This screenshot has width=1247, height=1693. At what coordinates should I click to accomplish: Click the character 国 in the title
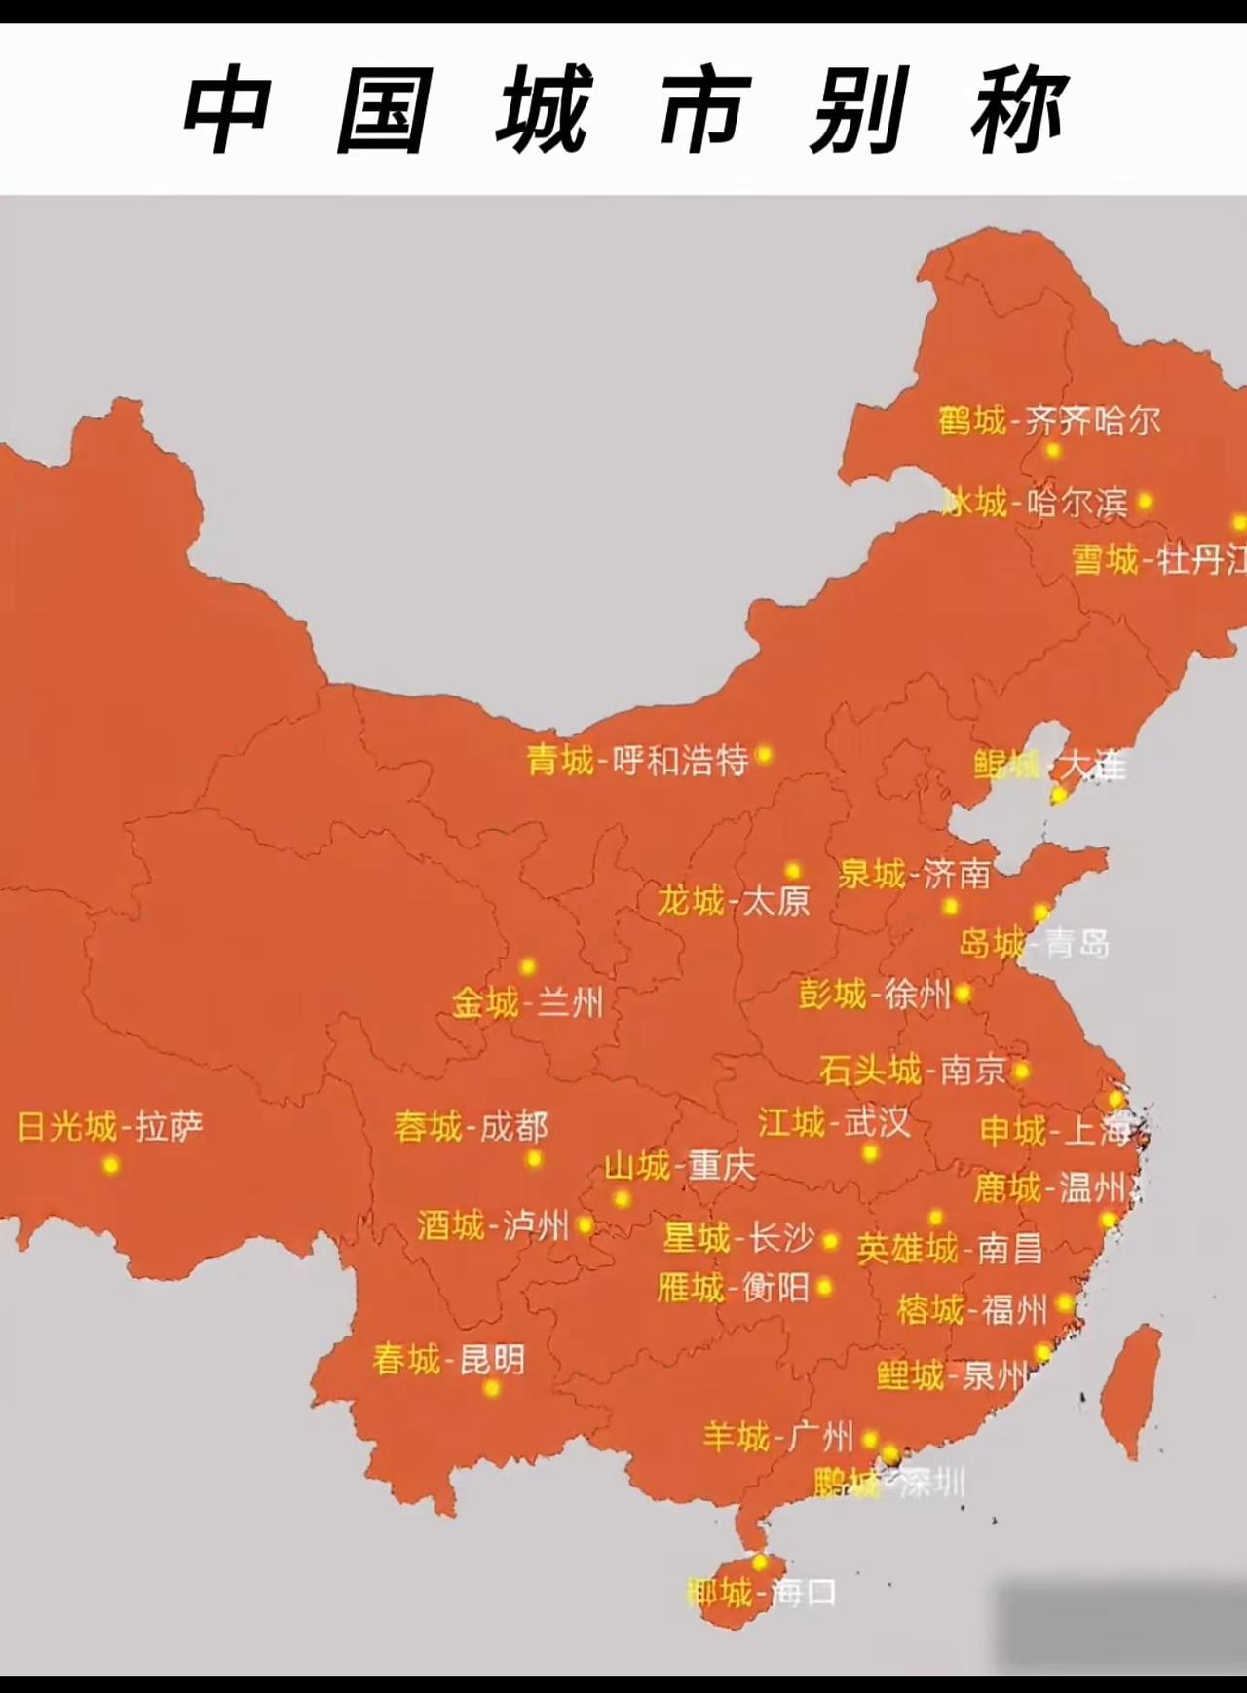pyautogui.click(x=383, y=109)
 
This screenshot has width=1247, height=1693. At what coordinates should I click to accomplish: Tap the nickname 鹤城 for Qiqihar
pyautogui.click(x=971, y=421)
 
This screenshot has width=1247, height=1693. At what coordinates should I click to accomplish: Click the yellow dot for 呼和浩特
pyautogui.click(x=764, y=754)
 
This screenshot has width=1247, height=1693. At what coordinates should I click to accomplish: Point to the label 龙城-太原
pyautogui.click(x=733, y=901)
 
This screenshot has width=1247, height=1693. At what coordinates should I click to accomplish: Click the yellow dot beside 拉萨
pyautogui.click(x=110, y=1165)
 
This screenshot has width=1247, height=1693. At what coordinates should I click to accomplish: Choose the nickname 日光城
pyautogui.click(x=67, y=1127)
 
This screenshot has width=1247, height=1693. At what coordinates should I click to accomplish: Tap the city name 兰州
pyautogui.click(x=570, y=1002)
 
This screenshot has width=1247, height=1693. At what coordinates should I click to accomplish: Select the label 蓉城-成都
pyautogui.click(x=471, y=1127)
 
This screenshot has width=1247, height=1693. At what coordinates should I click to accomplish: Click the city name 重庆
pyautogui.click(x=722, y=1166)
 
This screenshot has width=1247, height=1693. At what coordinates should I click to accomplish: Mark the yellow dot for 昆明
pyautogui.click(x=491, y=1388)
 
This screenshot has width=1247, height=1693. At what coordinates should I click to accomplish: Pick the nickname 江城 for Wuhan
pyautogui.click(x=791, y=1122)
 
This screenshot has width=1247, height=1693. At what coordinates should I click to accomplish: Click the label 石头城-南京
pyautogui.click(x=912, y=1071)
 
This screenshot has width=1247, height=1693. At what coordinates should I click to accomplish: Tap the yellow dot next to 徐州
pyautogui.click(x=963, y=994)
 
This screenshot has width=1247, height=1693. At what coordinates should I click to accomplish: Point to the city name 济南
pyautogui.click(x=957, y=874)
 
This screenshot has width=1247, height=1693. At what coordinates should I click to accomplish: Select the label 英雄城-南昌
pyautogui.click(x=949, y=1249)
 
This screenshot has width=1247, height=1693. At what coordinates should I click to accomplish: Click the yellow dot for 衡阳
pyautogui.click(x=825, y=1288)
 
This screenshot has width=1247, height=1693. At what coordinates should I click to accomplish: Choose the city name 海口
pyautogui.click(x=804, y=1594)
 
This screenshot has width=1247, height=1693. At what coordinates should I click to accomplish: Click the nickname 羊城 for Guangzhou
pyautogui.click(x=737, y=1437)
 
